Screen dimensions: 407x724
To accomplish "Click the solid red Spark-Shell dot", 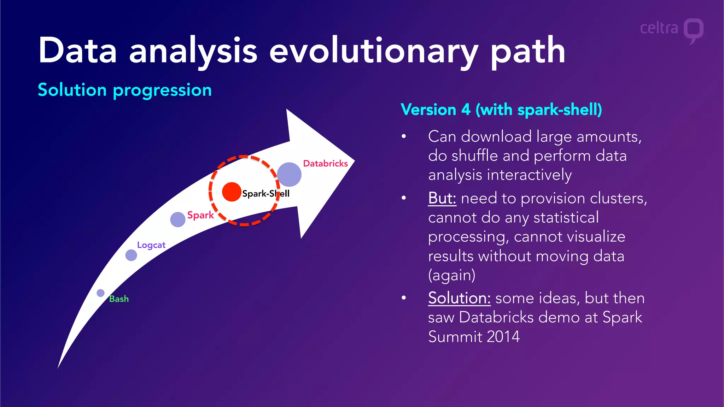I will click(x=232, y=192).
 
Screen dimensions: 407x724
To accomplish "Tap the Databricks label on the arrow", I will click(x=325, y=164).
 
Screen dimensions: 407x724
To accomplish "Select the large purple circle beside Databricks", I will click(x=289, y=175).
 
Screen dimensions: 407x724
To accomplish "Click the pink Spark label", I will click(x=200, y=215).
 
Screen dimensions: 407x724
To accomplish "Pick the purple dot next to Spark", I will click(x=178, y=219).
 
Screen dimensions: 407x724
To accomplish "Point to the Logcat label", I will click(x=151, y=245).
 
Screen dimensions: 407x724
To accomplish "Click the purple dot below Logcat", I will click(x=131, y=255).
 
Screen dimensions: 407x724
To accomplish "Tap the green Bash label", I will click(x=119, y=299).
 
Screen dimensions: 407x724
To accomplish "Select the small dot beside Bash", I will click(x=101, y=293).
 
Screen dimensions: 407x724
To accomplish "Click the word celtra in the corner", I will click(x=659, y=28).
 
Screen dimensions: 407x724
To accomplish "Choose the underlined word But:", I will click(x=442, y=198).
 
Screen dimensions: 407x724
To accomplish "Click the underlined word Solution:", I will click(x=459, y=298).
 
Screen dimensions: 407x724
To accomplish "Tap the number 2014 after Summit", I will click(x=503, y=337).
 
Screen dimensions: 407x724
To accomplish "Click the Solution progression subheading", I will click(x=125, y=90).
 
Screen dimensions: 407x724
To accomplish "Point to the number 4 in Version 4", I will click(x=466, y=110).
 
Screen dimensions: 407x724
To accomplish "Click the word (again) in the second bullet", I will click(x=451, y=275).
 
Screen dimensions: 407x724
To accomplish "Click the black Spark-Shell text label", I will click(x=265, y=194).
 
